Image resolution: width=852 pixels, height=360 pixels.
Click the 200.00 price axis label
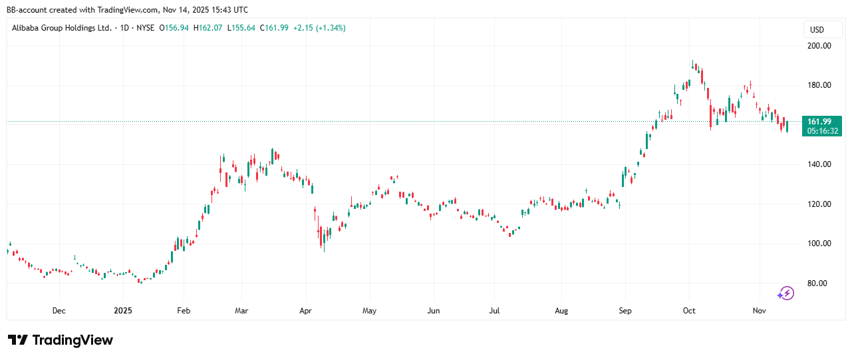[x=819, y=46]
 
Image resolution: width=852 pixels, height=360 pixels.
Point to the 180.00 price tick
[x=819, y=85]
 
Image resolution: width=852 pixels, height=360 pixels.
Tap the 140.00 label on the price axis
[x=819, y=164]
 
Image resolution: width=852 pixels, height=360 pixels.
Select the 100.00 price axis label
[x=819, y=244]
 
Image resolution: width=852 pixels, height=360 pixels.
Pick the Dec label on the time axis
[x=59, y=311]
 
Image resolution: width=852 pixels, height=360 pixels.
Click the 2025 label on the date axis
[x=122, y=311]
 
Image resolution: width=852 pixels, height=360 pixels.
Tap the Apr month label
[x=305, y=311]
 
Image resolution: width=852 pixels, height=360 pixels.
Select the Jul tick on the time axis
[x=495, y=311]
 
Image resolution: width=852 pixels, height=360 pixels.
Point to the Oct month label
[x=690, y=311]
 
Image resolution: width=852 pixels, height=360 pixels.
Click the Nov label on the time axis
[x=758, y=311]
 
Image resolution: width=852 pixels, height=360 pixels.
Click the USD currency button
[x=817, y=30]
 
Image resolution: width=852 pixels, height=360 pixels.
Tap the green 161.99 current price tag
[x=822, y=121]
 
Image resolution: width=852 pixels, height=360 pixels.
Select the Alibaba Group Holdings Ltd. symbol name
[x=62, y=28]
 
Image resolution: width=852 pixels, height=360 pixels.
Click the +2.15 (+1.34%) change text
[x=322, y=28]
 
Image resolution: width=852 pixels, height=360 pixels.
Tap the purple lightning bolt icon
[x=786, y=293]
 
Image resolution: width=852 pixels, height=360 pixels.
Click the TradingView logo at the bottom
[x=61, y=340]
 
